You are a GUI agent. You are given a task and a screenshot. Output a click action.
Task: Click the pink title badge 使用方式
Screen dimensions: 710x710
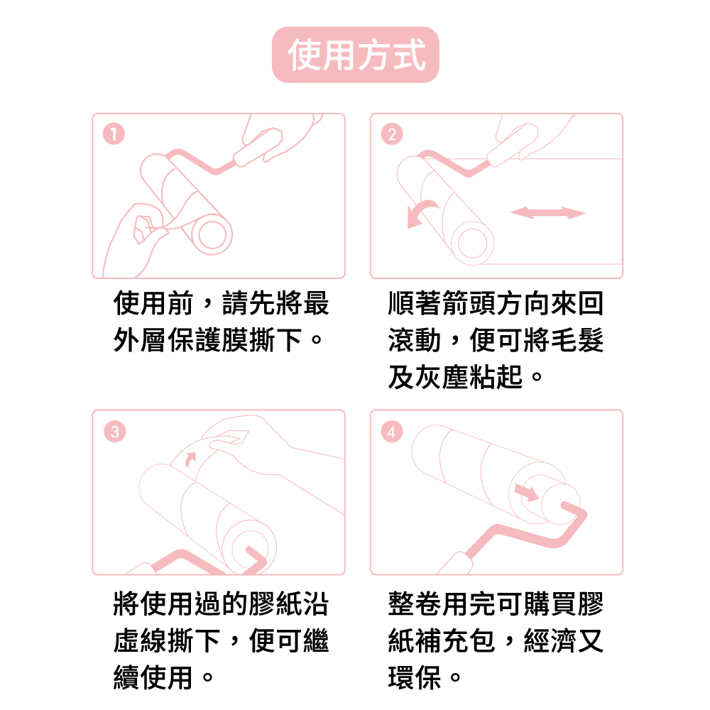356,55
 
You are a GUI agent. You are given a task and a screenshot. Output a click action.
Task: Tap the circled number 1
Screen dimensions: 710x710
114,134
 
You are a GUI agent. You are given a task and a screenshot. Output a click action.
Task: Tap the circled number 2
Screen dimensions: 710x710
392,134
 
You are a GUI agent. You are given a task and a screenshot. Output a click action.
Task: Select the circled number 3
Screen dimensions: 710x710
114,432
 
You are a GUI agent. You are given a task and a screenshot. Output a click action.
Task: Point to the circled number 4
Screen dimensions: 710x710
392,432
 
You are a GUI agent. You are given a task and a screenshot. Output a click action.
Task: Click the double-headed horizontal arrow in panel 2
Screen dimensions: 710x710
548,212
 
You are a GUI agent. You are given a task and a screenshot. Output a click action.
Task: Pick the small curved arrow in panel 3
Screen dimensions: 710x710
190,459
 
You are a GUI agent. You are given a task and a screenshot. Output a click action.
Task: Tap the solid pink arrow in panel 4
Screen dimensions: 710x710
527,492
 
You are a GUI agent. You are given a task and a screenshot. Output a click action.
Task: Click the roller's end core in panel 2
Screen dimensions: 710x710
472,243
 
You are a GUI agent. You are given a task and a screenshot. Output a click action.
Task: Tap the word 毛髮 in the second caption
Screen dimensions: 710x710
577,339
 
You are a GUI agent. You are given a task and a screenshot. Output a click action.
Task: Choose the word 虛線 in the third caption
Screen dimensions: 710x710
140,640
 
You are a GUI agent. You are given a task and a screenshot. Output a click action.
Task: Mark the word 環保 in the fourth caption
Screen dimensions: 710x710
415,677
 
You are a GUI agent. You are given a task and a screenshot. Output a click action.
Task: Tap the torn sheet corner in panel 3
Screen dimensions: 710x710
233,437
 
